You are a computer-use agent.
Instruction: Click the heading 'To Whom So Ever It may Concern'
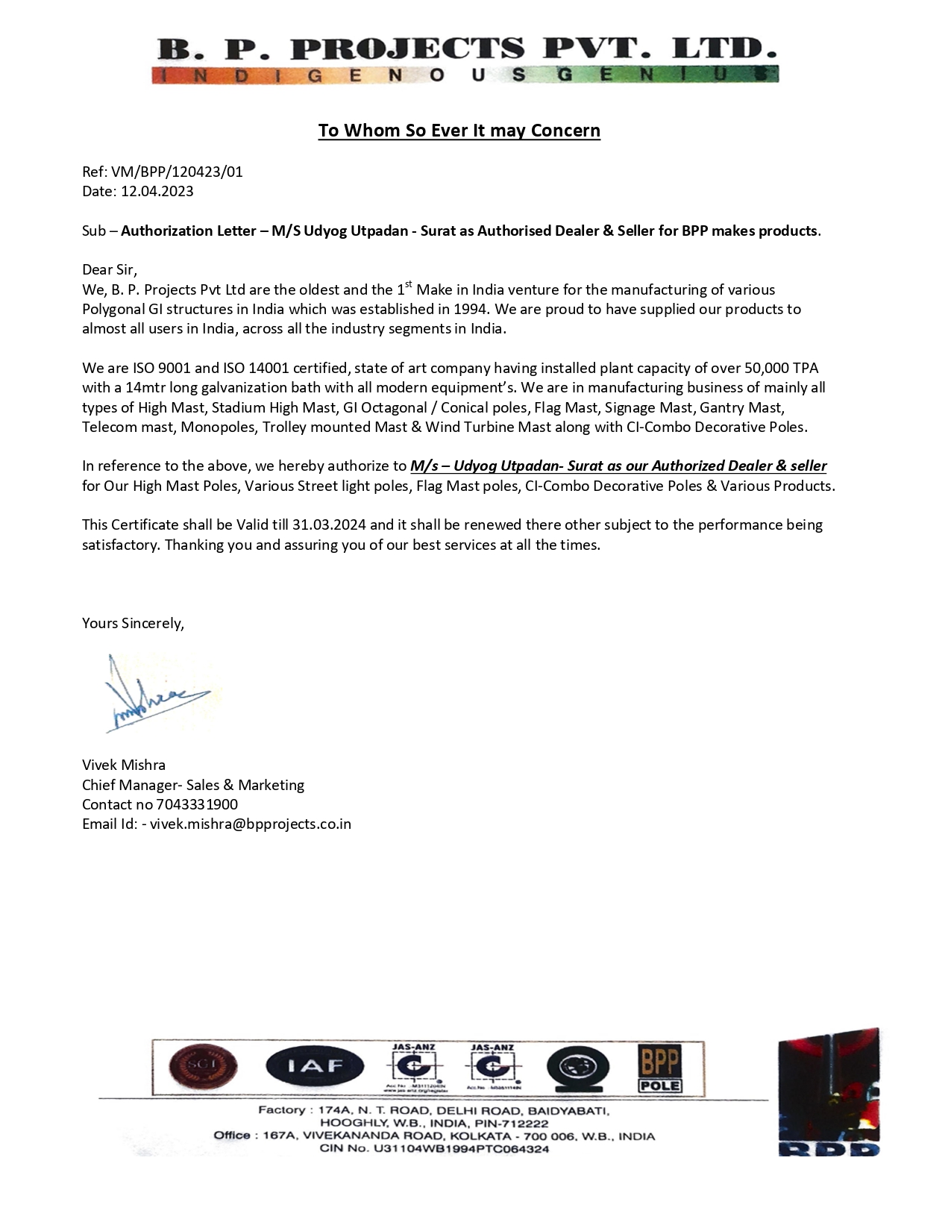click(459, 131)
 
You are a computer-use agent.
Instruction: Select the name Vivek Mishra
click(124, 765)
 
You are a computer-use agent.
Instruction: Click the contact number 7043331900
click(197, 804)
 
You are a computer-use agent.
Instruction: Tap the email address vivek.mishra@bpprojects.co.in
click(251, 824)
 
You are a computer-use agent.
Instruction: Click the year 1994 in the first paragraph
click(470, 309)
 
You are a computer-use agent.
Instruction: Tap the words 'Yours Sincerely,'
click(133, 623)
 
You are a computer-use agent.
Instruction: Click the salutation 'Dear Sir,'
click(110, 269)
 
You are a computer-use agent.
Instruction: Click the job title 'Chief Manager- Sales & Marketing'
click(193, 785)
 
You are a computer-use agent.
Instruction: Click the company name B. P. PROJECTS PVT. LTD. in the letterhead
click(467, 49)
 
